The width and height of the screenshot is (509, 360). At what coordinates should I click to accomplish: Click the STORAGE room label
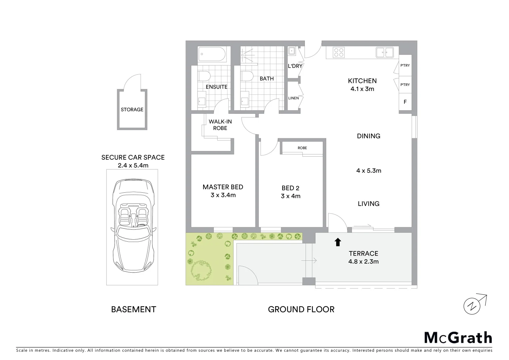(x=132, y=109)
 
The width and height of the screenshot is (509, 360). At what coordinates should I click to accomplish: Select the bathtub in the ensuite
(x=213, y=54)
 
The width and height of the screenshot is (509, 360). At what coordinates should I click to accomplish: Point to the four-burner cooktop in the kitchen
(x=339, y=53)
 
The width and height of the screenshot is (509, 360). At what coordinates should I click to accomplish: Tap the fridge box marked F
(x=405, y=102)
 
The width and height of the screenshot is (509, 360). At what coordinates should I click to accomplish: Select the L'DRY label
(x=295, y=66)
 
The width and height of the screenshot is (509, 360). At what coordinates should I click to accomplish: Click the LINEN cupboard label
(x=293, y=98)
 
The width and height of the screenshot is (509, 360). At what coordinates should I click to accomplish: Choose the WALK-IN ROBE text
(x=220, y=125)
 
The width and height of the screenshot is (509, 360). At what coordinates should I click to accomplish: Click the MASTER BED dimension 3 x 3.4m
(x=223, y=195)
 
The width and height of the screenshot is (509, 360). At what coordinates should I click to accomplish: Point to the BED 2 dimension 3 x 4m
(x=290, y=196)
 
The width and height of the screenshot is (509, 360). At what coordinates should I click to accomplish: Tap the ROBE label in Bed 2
(x=302, y=148)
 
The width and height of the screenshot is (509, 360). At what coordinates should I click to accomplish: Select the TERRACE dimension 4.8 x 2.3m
(x=363, y=262)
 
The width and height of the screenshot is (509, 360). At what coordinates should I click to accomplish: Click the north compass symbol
(x=472, y=305)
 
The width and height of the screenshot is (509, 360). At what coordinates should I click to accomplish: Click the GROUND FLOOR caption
(x=301, y=309)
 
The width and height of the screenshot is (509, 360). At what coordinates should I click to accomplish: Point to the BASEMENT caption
(x=133, y=309)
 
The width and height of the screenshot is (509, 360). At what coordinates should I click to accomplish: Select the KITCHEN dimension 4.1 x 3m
(x=362, y=89)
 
